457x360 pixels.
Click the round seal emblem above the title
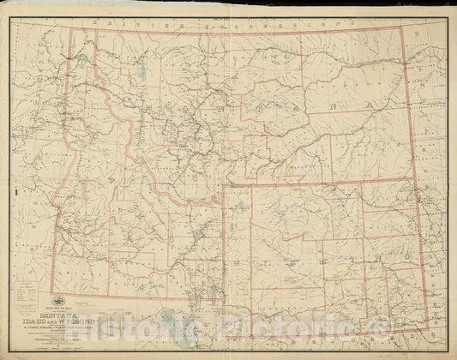[90, 299]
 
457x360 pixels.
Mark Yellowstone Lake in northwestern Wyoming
[244, 209]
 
